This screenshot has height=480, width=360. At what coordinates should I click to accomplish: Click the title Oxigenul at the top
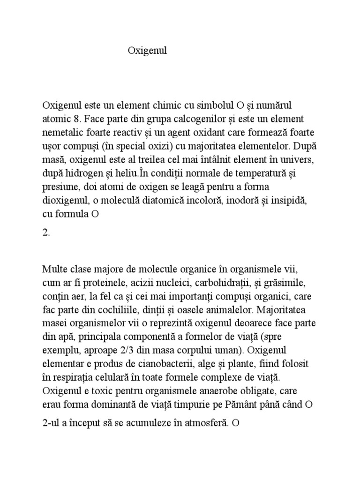pos(147,51)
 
